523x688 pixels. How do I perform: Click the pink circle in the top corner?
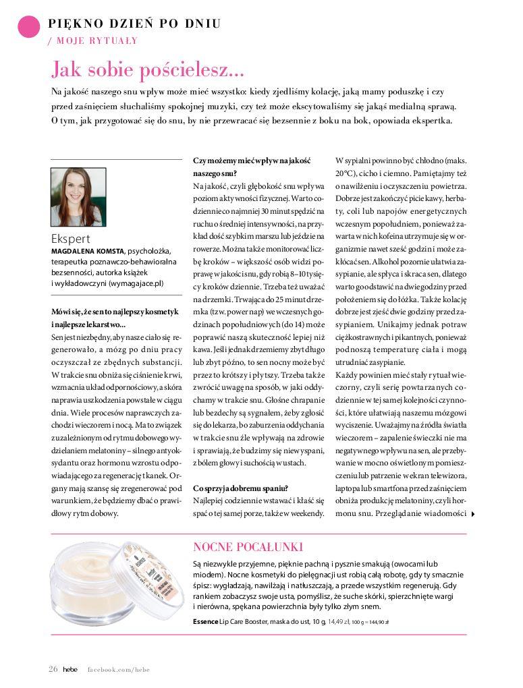[28, 27]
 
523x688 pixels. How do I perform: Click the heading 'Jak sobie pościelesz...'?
[148, 69]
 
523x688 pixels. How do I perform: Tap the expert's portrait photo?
[78, 197]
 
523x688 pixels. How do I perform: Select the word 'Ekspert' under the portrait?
[70, 238]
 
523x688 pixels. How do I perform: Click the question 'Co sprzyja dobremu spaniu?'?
[241, 488]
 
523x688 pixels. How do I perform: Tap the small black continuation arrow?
[472, 514]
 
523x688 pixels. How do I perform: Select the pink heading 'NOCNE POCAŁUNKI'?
[248, 546]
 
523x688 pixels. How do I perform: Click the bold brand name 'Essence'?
[205, 621]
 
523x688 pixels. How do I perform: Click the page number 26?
[53, 669]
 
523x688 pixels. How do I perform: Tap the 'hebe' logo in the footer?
[70, 669]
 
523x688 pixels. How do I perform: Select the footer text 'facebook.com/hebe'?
[118, 669]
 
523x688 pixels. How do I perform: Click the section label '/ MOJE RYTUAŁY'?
[92, 40]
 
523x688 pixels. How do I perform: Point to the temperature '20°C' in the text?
[346, 173]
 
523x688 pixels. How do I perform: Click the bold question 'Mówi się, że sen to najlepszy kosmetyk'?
[115, 311]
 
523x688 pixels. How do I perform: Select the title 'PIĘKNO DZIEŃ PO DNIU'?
[134, 24]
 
